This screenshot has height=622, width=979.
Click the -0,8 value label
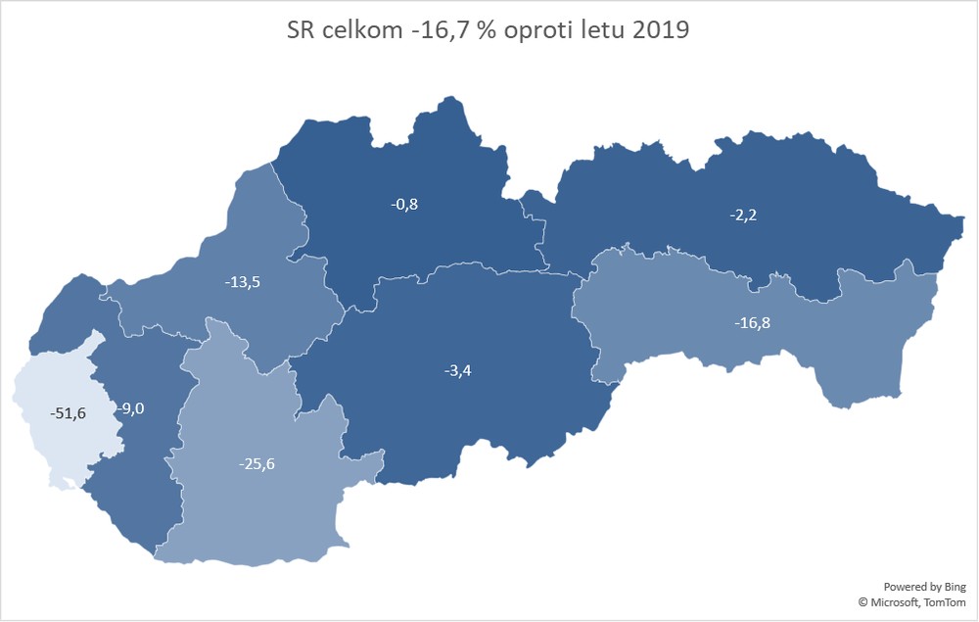(x=405, y=205)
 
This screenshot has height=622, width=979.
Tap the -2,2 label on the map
(x=743, y=215)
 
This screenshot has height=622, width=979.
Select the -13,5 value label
(x=243, y=282)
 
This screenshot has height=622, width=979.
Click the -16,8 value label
(x=753, y=321)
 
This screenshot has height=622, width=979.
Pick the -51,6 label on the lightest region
(x=69, y=413)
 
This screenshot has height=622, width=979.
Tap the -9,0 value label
(x=130, y=409)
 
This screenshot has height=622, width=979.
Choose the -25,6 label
(x=256, y=463)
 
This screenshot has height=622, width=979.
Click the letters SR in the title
(x=303, y=30)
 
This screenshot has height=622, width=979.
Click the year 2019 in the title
(x=660, y=30)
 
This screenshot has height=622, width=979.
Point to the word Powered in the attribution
(x=905, y=586)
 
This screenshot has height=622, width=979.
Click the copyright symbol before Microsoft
(x=863, y=602)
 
